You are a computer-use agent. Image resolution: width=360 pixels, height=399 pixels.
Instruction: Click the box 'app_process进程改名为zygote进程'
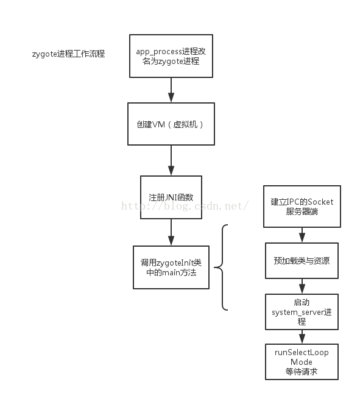point(171,57)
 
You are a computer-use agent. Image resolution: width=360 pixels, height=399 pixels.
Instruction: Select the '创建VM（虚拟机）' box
point(171,124)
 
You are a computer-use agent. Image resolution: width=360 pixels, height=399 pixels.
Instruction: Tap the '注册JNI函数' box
point(171,197)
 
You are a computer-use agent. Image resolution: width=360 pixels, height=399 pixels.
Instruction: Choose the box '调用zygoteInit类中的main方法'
point(171,267)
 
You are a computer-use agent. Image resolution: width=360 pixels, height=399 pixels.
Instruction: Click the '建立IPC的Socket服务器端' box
point(302,207)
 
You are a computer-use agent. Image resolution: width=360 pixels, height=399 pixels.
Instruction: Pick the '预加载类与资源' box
point(302,260)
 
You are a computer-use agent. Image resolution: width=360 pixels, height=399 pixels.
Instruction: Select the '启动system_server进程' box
point(302,312)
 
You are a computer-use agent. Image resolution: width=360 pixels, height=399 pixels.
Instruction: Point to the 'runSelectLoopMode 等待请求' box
point(302,362)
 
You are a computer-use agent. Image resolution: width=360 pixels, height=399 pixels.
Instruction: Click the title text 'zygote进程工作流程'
point(68,54)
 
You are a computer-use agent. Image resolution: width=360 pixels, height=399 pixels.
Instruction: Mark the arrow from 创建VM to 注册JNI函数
point(171,161)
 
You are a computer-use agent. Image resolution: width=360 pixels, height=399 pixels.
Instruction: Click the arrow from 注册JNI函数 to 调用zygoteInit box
point(171,232)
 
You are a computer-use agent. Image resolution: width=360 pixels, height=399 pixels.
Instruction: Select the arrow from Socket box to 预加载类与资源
point(302,235)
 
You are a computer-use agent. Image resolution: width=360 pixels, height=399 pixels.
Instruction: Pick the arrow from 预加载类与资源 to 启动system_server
point(302,285)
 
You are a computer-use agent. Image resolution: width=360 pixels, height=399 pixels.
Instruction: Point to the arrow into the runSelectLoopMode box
point(302,337)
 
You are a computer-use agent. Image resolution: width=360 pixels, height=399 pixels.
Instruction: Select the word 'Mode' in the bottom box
point(302,362)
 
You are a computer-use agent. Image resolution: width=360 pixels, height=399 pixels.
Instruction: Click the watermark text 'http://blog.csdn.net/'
point(185,206)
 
